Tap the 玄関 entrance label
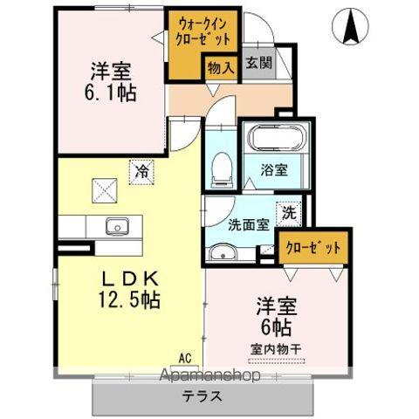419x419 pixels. click(257, 63)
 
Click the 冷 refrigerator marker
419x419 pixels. click(141, 174)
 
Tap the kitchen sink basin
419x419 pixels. click(117, 227)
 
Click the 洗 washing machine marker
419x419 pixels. click(288, 211)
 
